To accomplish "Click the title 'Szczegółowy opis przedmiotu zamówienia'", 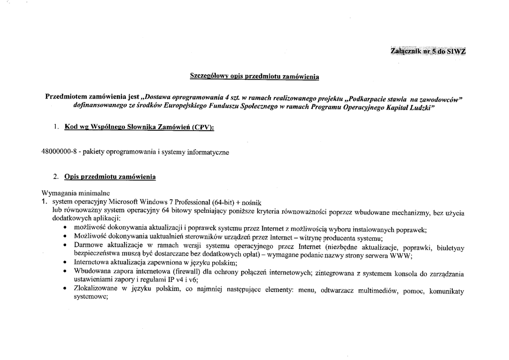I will [x=254, y=77].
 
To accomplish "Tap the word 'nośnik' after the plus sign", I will [x=249, y=202].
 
